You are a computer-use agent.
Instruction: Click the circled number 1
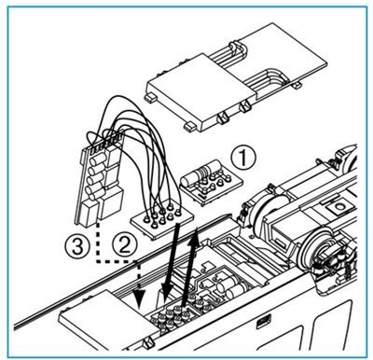(242, 158)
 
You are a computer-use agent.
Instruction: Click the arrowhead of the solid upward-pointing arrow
(196, 235)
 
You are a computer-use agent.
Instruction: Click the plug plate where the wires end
(161, 220)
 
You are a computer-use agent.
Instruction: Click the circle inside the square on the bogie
(338, 206)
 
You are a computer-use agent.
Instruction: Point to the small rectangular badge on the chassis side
(264, 322)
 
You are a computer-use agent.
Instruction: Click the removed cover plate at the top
(236, 76)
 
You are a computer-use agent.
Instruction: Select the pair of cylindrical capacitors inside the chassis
(232, 288)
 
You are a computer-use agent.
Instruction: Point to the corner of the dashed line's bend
(98, 260)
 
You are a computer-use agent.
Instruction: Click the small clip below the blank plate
(148, 343)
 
